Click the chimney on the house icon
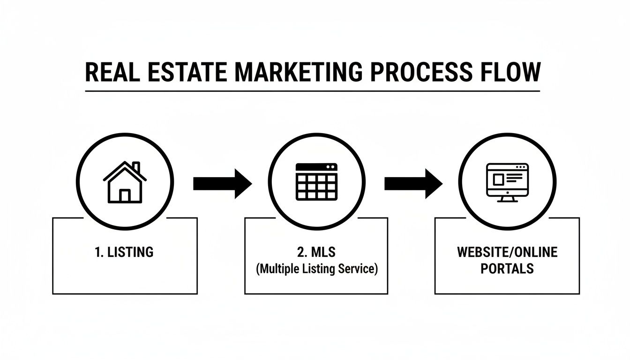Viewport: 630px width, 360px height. (x=136, y=167)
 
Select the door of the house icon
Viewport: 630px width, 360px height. (x=125, y=195)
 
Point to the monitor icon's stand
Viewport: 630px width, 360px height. (x=507, y=199)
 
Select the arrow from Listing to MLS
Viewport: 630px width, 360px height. (x=222, y=183)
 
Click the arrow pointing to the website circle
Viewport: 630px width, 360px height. (x=413, y=183)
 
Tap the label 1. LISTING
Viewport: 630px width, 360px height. (x=124, y=252)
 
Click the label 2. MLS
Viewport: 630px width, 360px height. (x=316, y=252)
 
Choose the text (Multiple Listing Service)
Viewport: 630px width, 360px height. (x=316, y=270)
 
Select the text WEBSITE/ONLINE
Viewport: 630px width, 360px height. (x=507, y=252)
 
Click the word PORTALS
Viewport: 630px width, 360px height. (x=507, y=269)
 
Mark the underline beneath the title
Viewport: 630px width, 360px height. (x=312, y=90)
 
